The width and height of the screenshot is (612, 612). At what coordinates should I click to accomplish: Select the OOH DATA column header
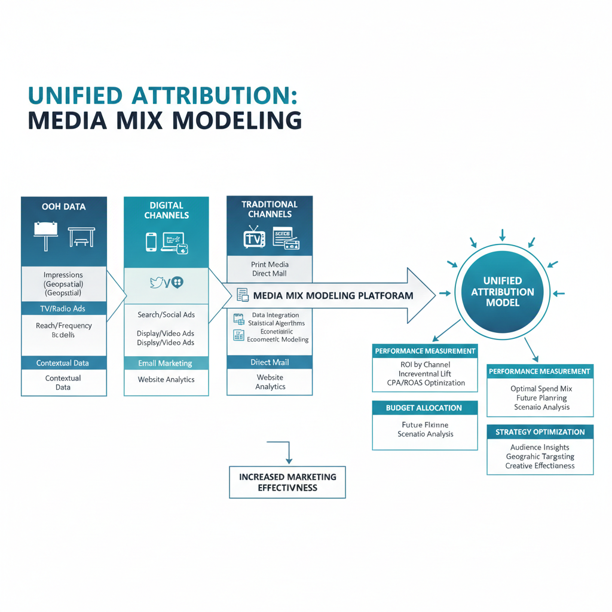click(63, 207)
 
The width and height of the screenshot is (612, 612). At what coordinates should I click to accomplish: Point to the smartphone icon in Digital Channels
click(151, 241)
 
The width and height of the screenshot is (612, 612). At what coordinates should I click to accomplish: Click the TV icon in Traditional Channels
click(254, 238)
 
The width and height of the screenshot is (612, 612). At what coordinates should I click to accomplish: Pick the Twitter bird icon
click(157, 283)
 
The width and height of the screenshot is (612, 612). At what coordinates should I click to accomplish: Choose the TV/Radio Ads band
click(63, 308)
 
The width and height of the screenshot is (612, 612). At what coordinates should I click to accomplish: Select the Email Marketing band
click(166, 363)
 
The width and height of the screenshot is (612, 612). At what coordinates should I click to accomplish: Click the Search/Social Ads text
click(166, 315)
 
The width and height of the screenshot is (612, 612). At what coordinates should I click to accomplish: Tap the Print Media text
click(270, 264)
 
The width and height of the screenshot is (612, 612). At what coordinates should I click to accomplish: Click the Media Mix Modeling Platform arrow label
click(333, 295)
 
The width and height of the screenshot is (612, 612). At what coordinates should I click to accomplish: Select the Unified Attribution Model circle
click(503, 292)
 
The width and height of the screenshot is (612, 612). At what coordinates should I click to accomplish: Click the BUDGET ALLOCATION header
click(424, 408)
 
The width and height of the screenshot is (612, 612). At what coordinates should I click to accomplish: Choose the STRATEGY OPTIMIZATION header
click(540, 432)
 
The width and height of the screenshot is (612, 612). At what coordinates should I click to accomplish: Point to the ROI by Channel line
click(425, 365)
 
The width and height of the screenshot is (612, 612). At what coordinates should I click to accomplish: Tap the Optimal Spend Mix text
click(541, 388)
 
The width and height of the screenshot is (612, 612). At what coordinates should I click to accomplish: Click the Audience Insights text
click(540, 447)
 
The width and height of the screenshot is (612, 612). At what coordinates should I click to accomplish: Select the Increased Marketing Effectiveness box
click(287, 482)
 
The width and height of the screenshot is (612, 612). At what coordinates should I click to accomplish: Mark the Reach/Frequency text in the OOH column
click(63, 326)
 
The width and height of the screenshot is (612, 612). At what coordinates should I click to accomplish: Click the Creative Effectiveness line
click(540, 466)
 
